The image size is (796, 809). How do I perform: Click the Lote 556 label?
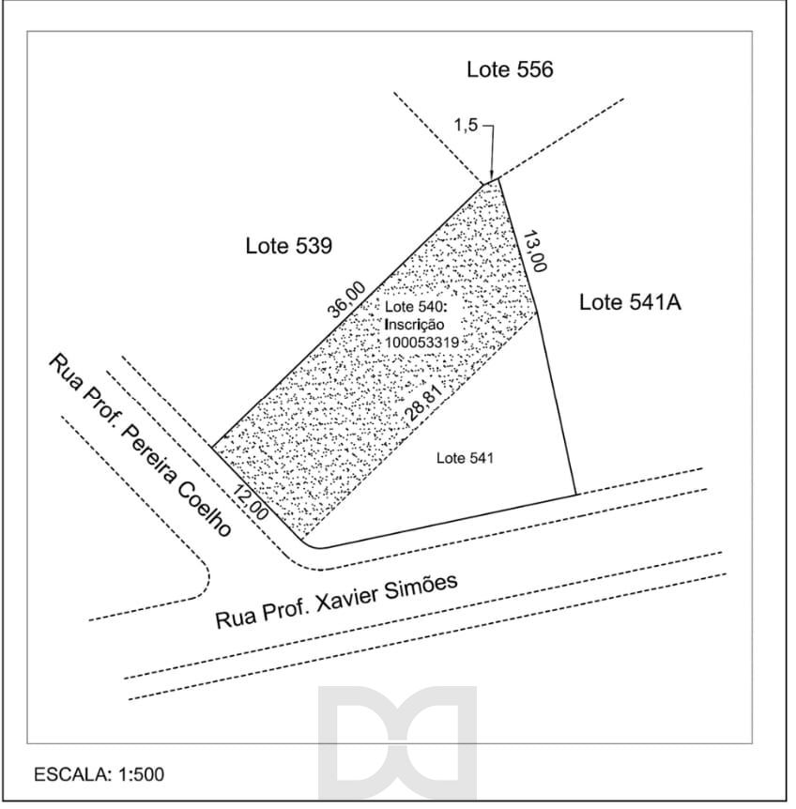(x=510, y=69)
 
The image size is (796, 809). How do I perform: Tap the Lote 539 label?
(x=288, y=246)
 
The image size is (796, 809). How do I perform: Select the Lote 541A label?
(x=630, y=302)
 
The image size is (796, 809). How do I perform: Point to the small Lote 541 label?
(x=465, y=458)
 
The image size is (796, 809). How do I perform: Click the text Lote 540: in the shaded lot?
(x=414, y=307)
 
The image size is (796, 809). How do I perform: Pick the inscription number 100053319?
(x=422, y=343)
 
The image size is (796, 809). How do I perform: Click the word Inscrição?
(x=414, y=325)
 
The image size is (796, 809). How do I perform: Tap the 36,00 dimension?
(x=346, y=299)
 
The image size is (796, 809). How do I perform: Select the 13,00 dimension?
(x=535, y=252)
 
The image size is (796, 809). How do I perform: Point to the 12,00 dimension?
(x=251, y=502)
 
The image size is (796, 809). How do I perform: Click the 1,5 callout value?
(x=466, y=126)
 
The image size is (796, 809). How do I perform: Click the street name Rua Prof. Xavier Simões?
(x=336, y=601)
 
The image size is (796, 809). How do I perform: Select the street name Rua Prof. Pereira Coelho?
(x=140, y=445)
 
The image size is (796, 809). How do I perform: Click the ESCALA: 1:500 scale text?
(x=99, y=774)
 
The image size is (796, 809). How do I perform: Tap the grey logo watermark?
(x=397, y=743)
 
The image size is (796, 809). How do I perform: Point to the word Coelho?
(x=205, y=510)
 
